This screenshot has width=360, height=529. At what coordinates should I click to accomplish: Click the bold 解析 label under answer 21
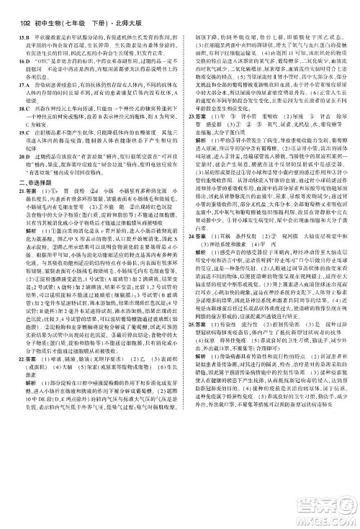[x=25, y=220]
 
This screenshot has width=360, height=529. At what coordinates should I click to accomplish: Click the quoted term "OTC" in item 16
[x=50, y=63]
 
